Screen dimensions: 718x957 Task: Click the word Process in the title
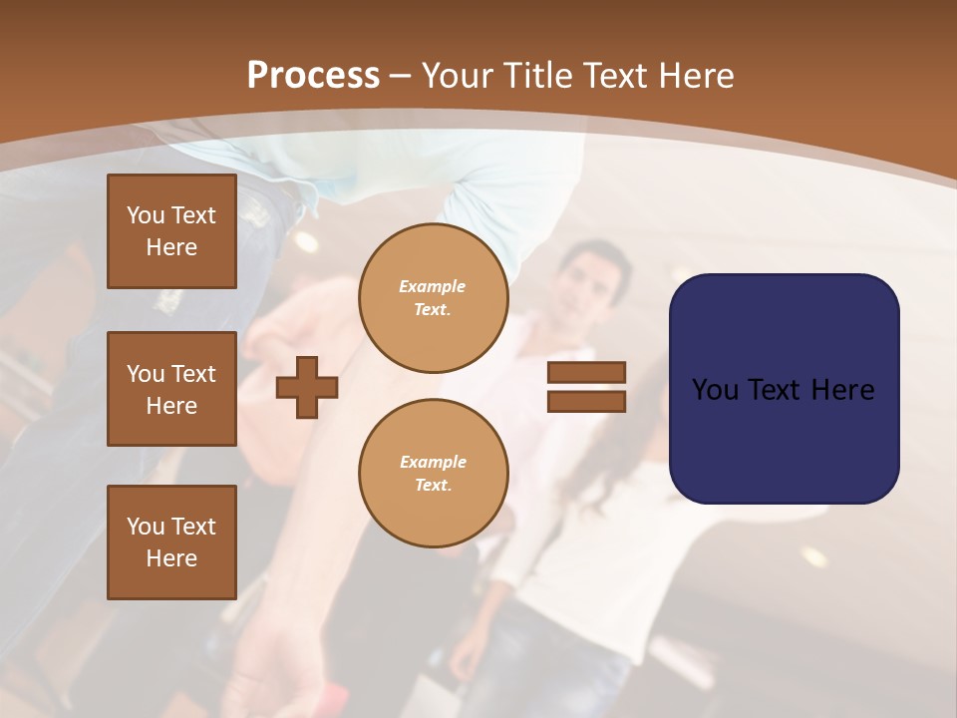(313, 76)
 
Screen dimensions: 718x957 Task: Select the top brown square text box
(171, 231)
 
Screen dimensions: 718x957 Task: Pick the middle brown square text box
(171, 389)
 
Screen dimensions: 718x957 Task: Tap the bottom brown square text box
(171, 542)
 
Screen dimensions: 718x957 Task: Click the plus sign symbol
(307, 387)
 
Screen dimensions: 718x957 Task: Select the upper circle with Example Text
(433, 298)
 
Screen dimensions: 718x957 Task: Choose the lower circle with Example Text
(433, 474)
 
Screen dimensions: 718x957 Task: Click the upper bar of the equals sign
(586, 372)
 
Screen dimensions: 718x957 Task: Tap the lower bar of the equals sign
(586, 401)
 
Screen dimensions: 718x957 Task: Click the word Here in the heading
(697, 76)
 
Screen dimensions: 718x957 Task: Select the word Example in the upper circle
(433, 287)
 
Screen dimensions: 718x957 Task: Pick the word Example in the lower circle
(433, 463)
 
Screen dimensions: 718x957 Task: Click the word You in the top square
(146, 215)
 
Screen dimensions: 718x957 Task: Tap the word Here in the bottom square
(171, 558)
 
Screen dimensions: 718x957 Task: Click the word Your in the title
(459, 76)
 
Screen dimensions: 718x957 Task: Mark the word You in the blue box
(715, 390)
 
